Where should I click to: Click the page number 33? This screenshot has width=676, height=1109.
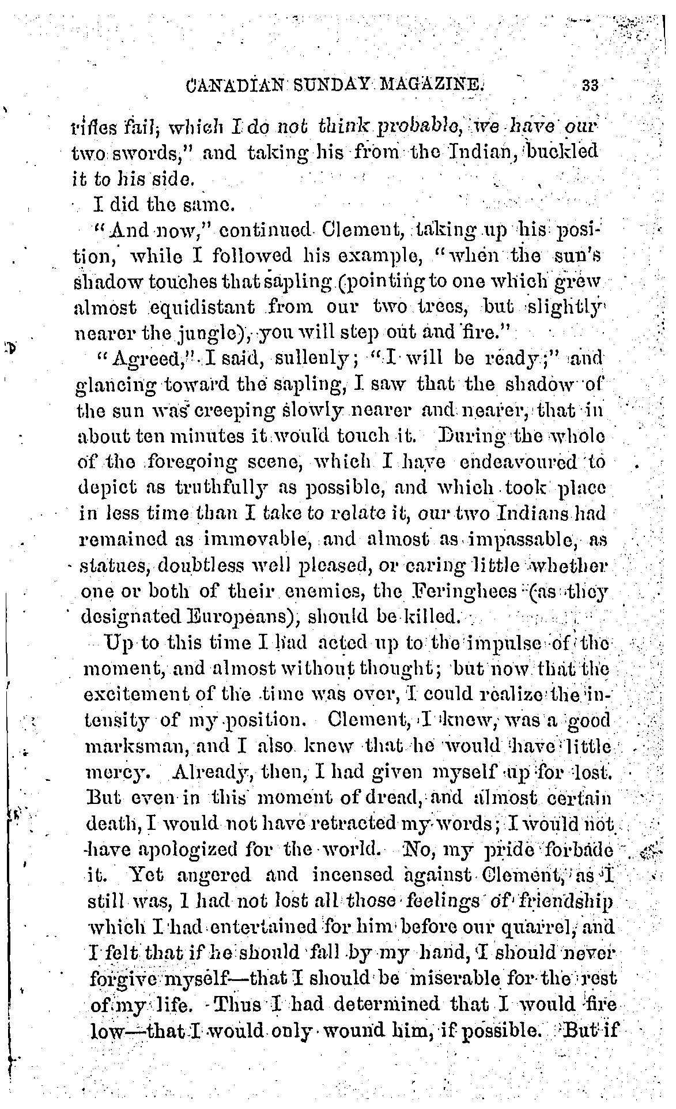tap(590, 85)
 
